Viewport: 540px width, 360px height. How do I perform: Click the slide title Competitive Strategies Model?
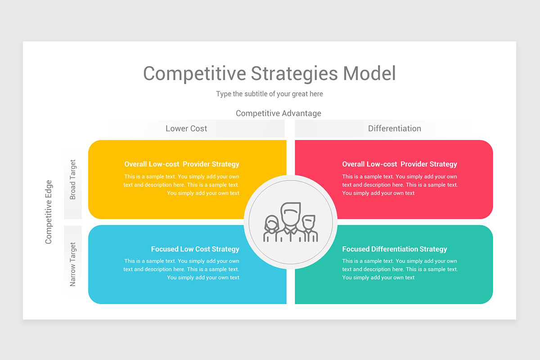[x=269, y=74]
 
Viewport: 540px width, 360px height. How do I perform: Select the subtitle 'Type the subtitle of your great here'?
[x=269, y=94]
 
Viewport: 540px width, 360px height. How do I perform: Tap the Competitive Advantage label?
[x=278, y=113]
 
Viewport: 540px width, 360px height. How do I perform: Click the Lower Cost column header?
[x=186, y=129]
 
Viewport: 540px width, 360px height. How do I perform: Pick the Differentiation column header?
[x=394, y=129]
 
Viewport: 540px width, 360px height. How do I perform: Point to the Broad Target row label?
[x=73, y=180]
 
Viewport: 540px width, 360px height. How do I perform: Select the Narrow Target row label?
[x=73, y=264]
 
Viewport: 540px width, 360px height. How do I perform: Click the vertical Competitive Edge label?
[x=49, y=212]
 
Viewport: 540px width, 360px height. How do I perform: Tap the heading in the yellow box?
[x=182, y=164]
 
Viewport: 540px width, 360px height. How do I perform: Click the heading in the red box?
[x=399, y=164]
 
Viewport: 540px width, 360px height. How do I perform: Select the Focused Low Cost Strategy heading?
[x=195, y=249]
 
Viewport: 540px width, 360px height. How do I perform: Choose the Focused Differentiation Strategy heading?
[x=394, y=249]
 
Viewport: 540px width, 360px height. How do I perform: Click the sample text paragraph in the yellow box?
[x=182, y=185]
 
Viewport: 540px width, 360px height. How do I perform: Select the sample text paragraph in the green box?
[x=399, y=270]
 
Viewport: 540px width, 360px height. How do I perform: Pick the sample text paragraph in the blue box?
[x=182, y=270]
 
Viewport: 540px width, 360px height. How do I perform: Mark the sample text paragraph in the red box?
[x=399, y=185]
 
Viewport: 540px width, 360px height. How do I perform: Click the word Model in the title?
[x=369, y=74]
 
